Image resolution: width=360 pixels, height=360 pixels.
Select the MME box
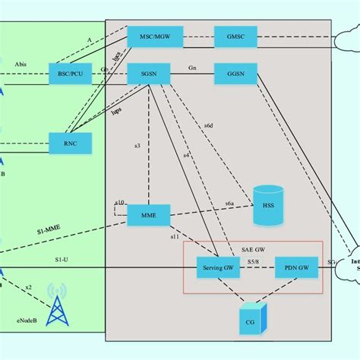tap(149, 216)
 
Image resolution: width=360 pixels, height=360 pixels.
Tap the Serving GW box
tap(219, 267)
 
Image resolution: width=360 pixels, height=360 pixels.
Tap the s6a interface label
tap(229, 204)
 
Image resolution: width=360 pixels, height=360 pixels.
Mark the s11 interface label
tap(175, 238)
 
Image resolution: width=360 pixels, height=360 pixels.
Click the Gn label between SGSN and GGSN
tap(193, 68)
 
